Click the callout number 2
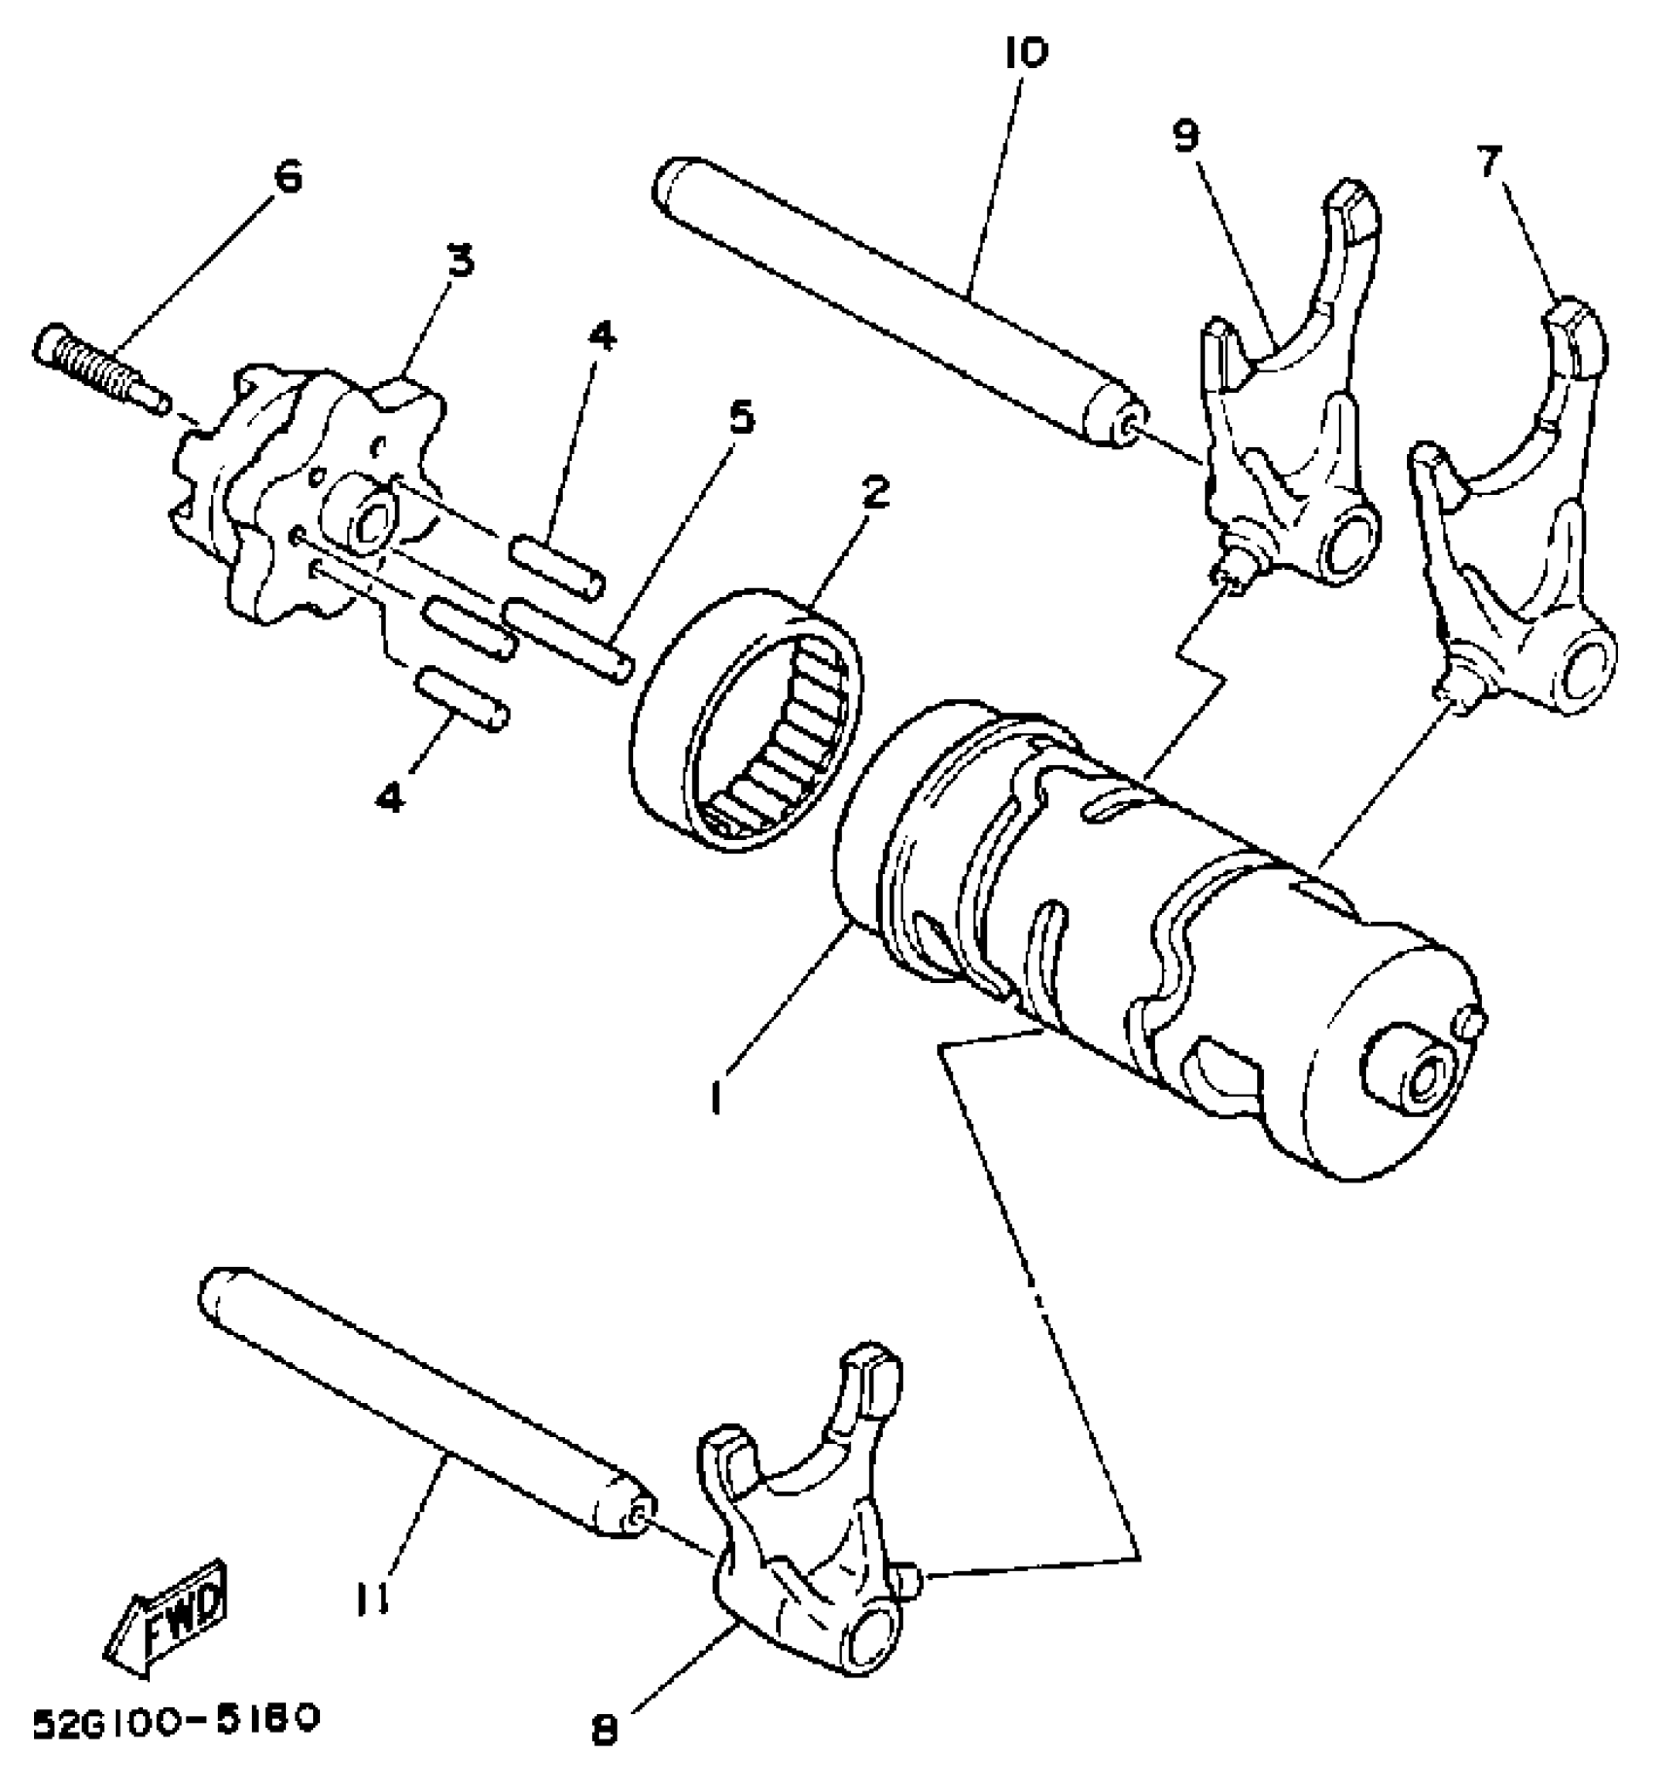pyautogui.click(x=875, y=493)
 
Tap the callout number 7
pyautogui.click(x=1491, y=161)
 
